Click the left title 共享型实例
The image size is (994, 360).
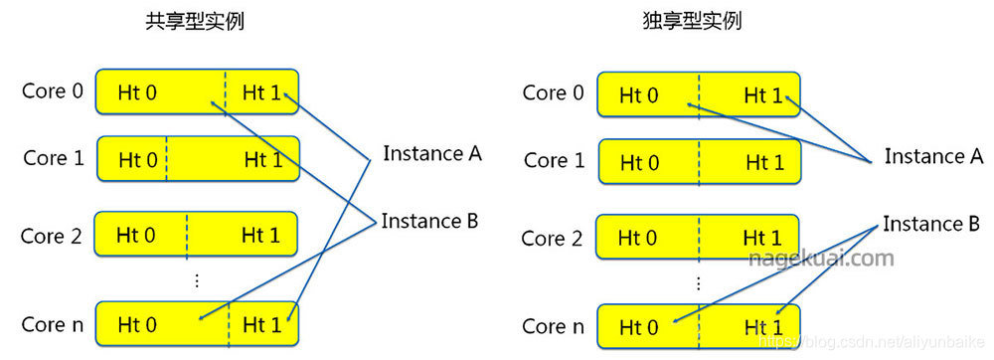click(194, 22)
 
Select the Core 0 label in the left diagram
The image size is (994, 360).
click(53, 91)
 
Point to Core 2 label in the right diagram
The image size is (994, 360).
click(552, 239)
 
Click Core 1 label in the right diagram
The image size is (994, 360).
click(553, 160)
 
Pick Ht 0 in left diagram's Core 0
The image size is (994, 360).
click(137, 93)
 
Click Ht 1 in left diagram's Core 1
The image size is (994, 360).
click(260, 159)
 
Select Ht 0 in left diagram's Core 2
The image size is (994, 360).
click(137, 236)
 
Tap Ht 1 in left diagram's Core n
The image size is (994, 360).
click(260, 324)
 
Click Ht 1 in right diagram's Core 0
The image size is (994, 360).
click(762, 95)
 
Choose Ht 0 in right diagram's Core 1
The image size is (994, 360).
click(638, 162)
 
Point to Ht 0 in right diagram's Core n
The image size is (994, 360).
click(638, 326)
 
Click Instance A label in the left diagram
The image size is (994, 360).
click(431, 154)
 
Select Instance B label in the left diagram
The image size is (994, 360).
click(429, 221)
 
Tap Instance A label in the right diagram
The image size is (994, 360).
click(933, 156)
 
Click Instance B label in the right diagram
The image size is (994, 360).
click(931, 224)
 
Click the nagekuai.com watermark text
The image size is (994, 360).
click(820, 259)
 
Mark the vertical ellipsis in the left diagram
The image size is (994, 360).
click(196, 281)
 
